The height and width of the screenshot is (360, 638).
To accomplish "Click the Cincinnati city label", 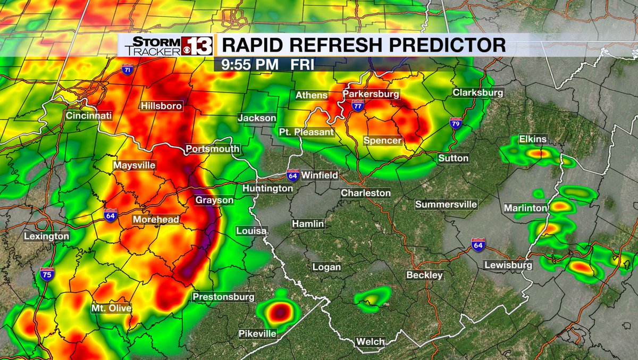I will click(89, 115).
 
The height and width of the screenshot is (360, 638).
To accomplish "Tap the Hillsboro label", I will click(161, 106).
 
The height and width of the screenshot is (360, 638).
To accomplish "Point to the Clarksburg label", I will click(477, 93).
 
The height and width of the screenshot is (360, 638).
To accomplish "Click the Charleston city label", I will click(365, 193).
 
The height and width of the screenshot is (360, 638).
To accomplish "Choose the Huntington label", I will click(267, 188).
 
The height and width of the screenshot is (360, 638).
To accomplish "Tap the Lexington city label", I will click(46, 236).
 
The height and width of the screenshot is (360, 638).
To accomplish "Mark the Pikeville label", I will click(257, 333).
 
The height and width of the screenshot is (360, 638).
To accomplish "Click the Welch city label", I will click(371, 341).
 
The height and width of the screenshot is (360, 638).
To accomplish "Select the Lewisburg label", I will click(508, 265).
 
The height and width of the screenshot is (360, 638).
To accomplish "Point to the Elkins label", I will click(533, 140).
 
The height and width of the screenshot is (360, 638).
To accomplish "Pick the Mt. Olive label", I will click(111, 308).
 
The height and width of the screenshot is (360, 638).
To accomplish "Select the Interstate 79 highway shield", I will click(456, 123).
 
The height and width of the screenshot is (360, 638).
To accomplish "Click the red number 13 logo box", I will click(198, 46).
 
